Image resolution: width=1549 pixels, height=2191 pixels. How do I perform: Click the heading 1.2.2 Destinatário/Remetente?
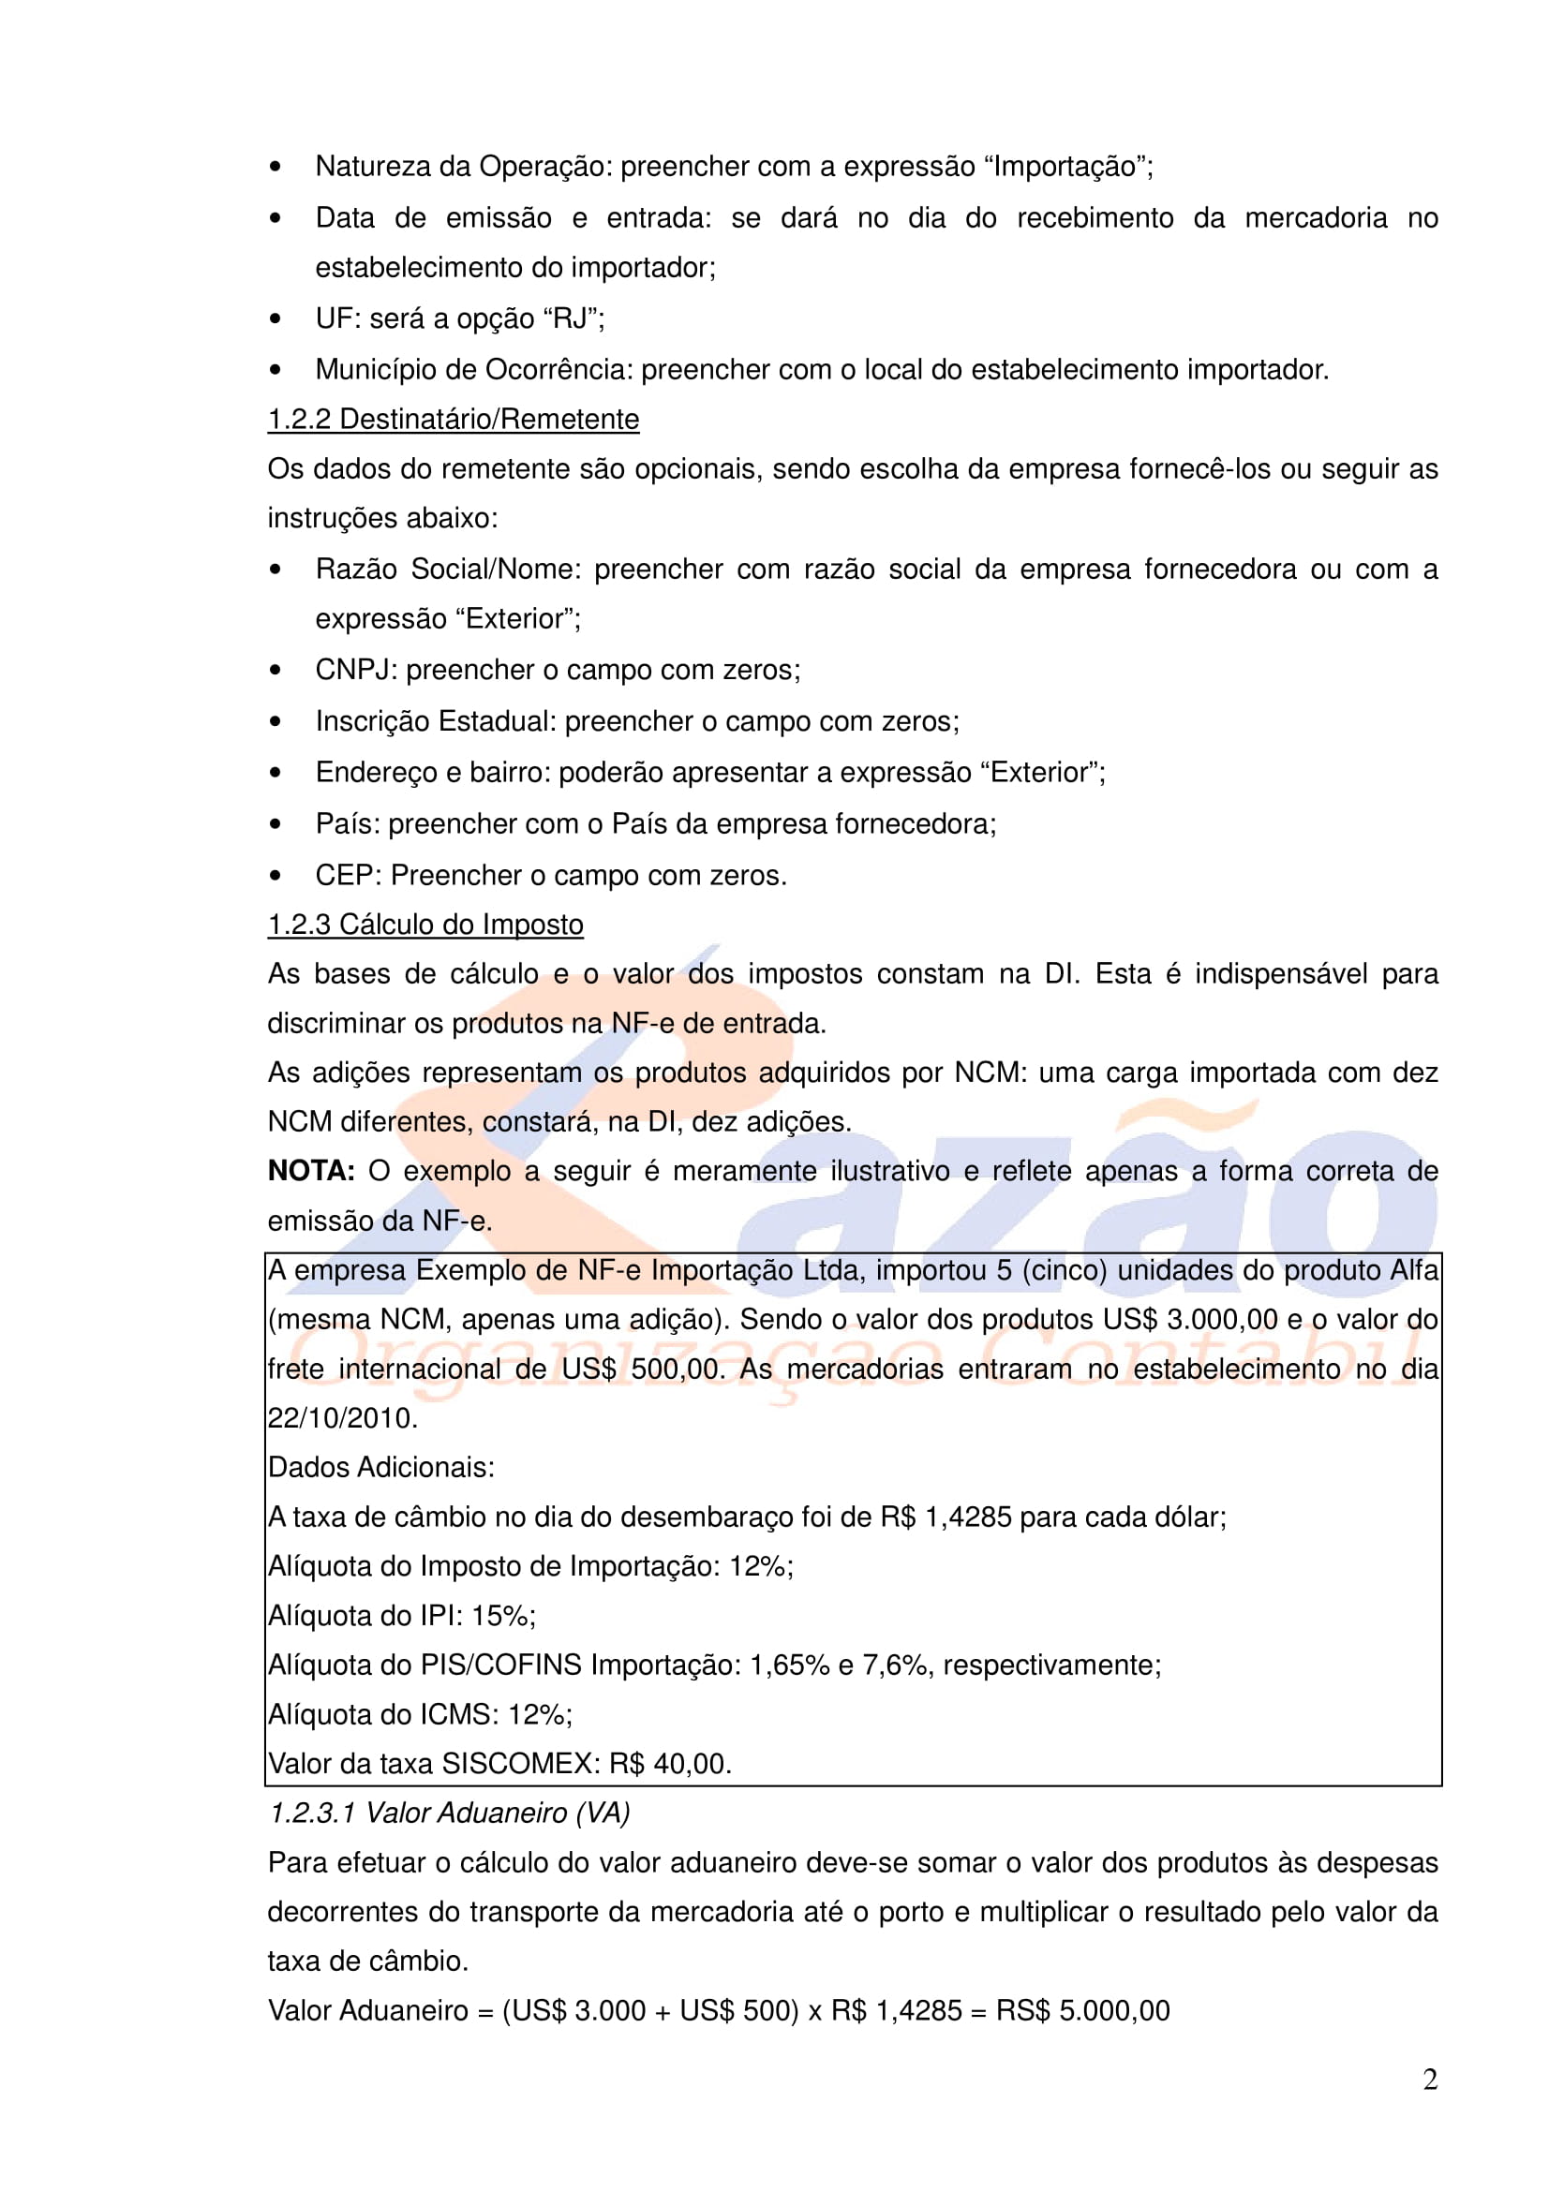[x=453, y=419]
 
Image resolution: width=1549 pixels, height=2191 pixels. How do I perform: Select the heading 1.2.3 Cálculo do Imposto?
[x=424, y=924]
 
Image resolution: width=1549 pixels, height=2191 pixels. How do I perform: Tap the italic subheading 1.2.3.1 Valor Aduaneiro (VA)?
[x=449, y=1813]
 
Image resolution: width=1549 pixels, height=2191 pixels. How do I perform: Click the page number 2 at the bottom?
[x=1430, y=2080]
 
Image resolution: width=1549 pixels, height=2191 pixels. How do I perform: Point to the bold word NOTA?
[x=311, y=1171]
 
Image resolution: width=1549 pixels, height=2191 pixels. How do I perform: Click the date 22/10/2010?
[x=342, y=1418]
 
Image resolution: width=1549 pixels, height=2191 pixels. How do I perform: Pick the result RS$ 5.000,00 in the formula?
[x=1082, y=2010]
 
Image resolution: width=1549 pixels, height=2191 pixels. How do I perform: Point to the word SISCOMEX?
[x=517, y=1764]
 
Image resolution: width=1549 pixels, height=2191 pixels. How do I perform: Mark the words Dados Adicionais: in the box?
[x=380, y=1468]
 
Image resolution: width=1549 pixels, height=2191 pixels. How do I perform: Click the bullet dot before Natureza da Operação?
[x=276, y=168]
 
